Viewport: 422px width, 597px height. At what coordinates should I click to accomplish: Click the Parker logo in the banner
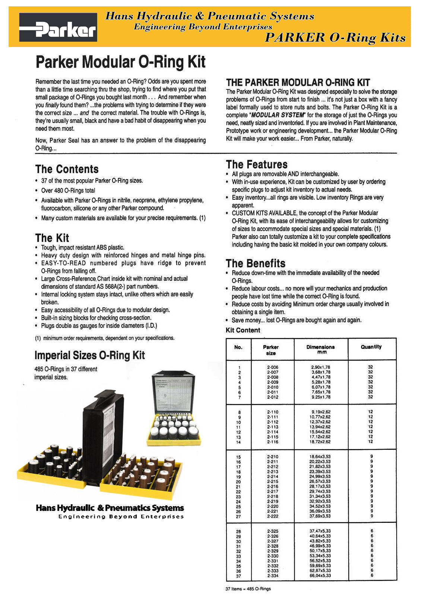tap(58, 28)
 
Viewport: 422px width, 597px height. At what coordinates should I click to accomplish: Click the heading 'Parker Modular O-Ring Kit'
tap(120, 62)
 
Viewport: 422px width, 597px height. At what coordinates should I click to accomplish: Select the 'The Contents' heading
tap(67, 169)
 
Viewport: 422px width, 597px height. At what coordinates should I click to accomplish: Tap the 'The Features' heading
tap(257, 164)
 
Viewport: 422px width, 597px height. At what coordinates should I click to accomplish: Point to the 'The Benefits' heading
tap(256, 263)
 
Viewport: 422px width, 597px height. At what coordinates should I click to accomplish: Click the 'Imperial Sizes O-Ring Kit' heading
tap(89, 355)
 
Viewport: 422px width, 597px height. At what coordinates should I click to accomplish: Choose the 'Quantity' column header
tap(371, 347)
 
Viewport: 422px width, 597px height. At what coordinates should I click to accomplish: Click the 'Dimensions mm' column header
tap(320, 349)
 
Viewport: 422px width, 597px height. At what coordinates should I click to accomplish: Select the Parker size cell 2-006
tap(273, 367)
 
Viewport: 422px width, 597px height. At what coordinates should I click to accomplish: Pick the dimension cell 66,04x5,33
tap(320, 576)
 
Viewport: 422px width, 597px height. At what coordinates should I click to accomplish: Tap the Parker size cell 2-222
tap(273, 516)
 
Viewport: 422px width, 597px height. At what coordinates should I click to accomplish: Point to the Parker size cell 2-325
tap(273, 531)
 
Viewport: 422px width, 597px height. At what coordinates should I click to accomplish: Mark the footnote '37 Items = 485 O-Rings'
tap(248, 589)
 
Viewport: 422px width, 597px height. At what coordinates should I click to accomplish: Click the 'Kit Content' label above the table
tap(243, 330)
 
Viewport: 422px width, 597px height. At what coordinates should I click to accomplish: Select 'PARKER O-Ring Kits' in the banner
tap(335, 38)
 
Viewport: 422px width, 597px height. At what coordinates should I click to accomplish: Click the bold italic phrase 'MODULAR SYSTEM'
tap(278, 115)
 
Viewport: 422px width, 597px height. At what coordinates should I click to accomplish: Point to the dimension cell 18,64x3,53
tap(320, 457)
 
